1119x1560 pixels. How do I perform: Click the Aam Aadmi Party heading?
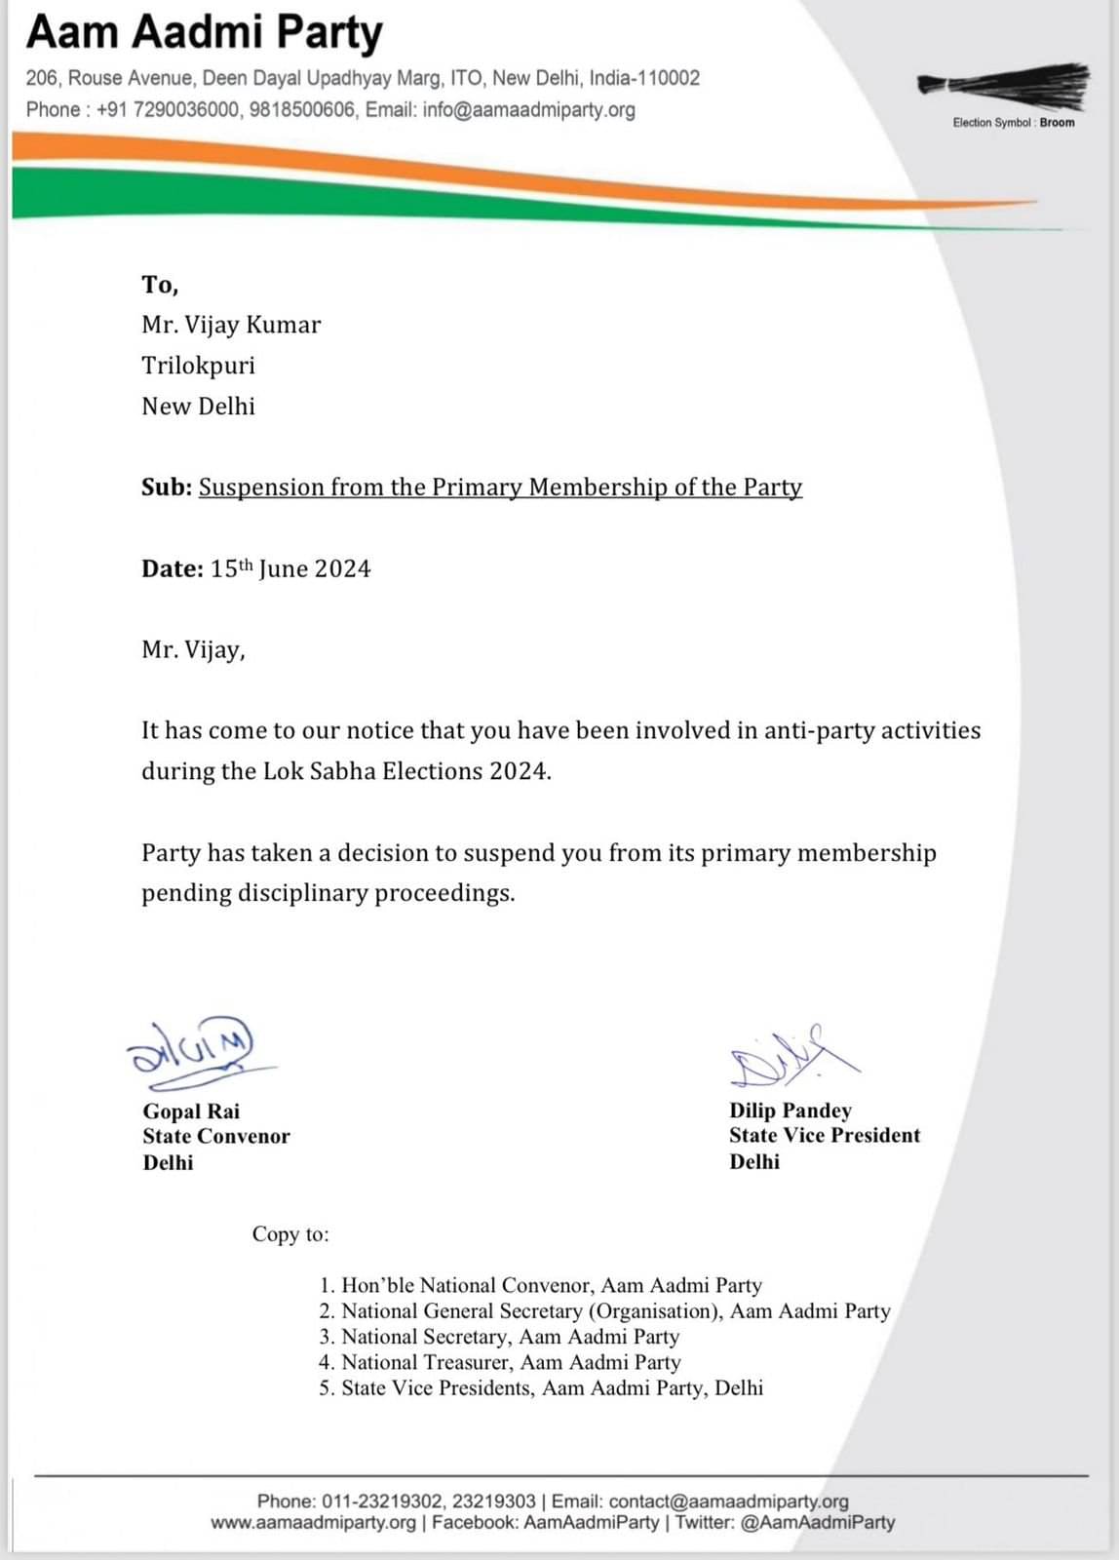(x=205, y=32)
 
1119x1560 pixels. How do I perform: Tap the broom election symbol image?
(x=1004, y=86)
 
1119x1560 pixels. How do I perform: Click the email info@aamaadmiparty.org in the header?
(x=528, y=109)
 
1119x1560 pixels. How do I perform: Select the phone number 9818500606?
(x=302, y=109)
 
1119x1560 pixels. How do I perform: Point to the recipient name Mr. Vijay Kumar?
(x=231, y=325)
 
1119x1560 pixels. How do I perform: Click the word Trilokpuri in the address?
(x=198, y=366)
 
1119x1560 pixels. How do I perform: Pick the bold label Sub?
(x=167, y=487)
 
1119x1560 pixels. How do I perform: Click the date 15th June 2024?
(x=290, y=569)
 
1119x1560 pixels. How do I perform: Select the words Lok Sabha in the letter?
(x=319, y=771)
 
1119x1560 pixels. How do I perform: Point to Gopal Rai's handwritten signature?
(x=195, y=1048)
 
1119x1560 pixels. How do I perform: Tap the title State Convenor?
(x=216, y=1137)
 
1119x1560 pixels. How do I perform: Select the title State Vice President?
(x=825, y=1136)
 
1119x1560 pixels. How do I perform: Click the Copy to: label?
(x=290, y=1234)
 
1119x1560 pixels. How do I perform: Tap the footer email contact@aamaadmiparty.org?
(x=729, y=1501)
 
